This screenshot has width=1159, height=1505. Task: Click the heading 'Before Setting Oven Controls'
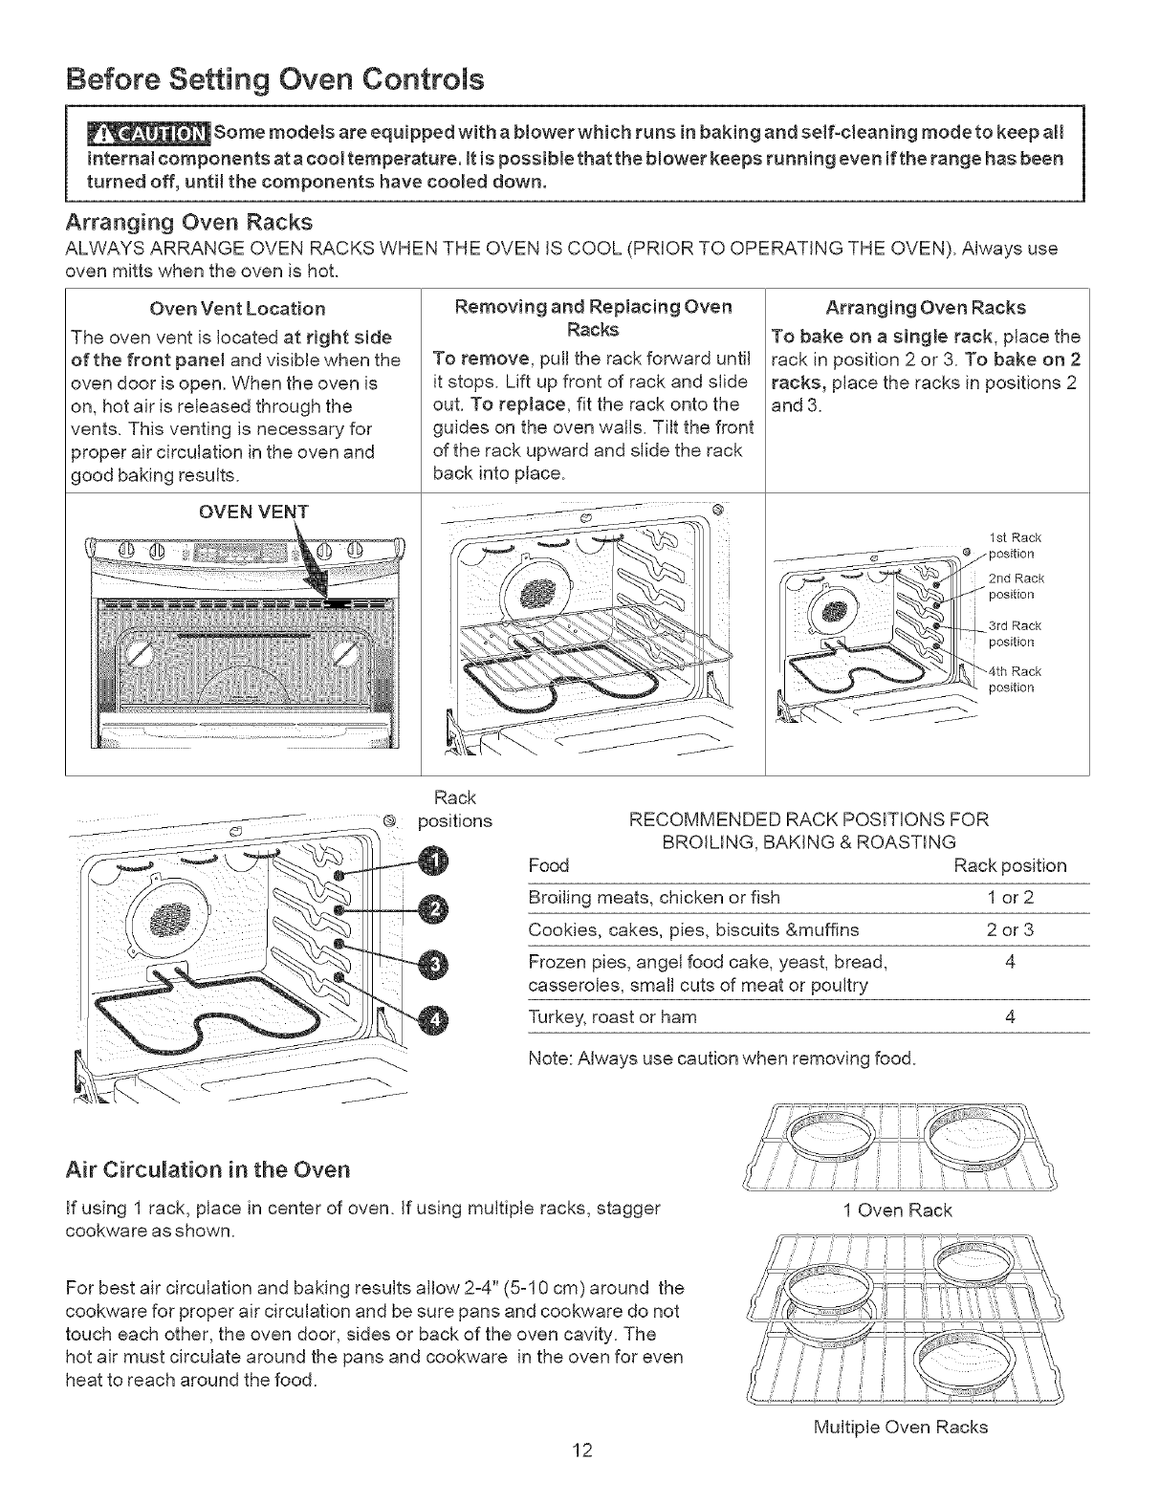pos(274,78)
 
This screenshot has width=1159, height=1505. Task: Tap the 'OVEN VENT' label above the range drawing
pos(252,512)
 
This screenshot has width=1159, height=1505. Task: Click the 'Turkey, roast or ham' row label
pos(612,1017)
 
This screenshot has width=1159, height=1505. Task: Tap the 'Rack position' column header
pos(1010,866)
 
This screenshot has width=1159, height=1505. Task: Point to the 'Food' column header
pos(549,866)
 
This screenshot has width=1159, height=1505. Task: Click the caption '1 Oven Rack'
pos(898,1211)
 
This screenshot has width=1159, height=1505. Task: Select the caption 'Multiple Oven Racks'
pos(899,1428)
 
